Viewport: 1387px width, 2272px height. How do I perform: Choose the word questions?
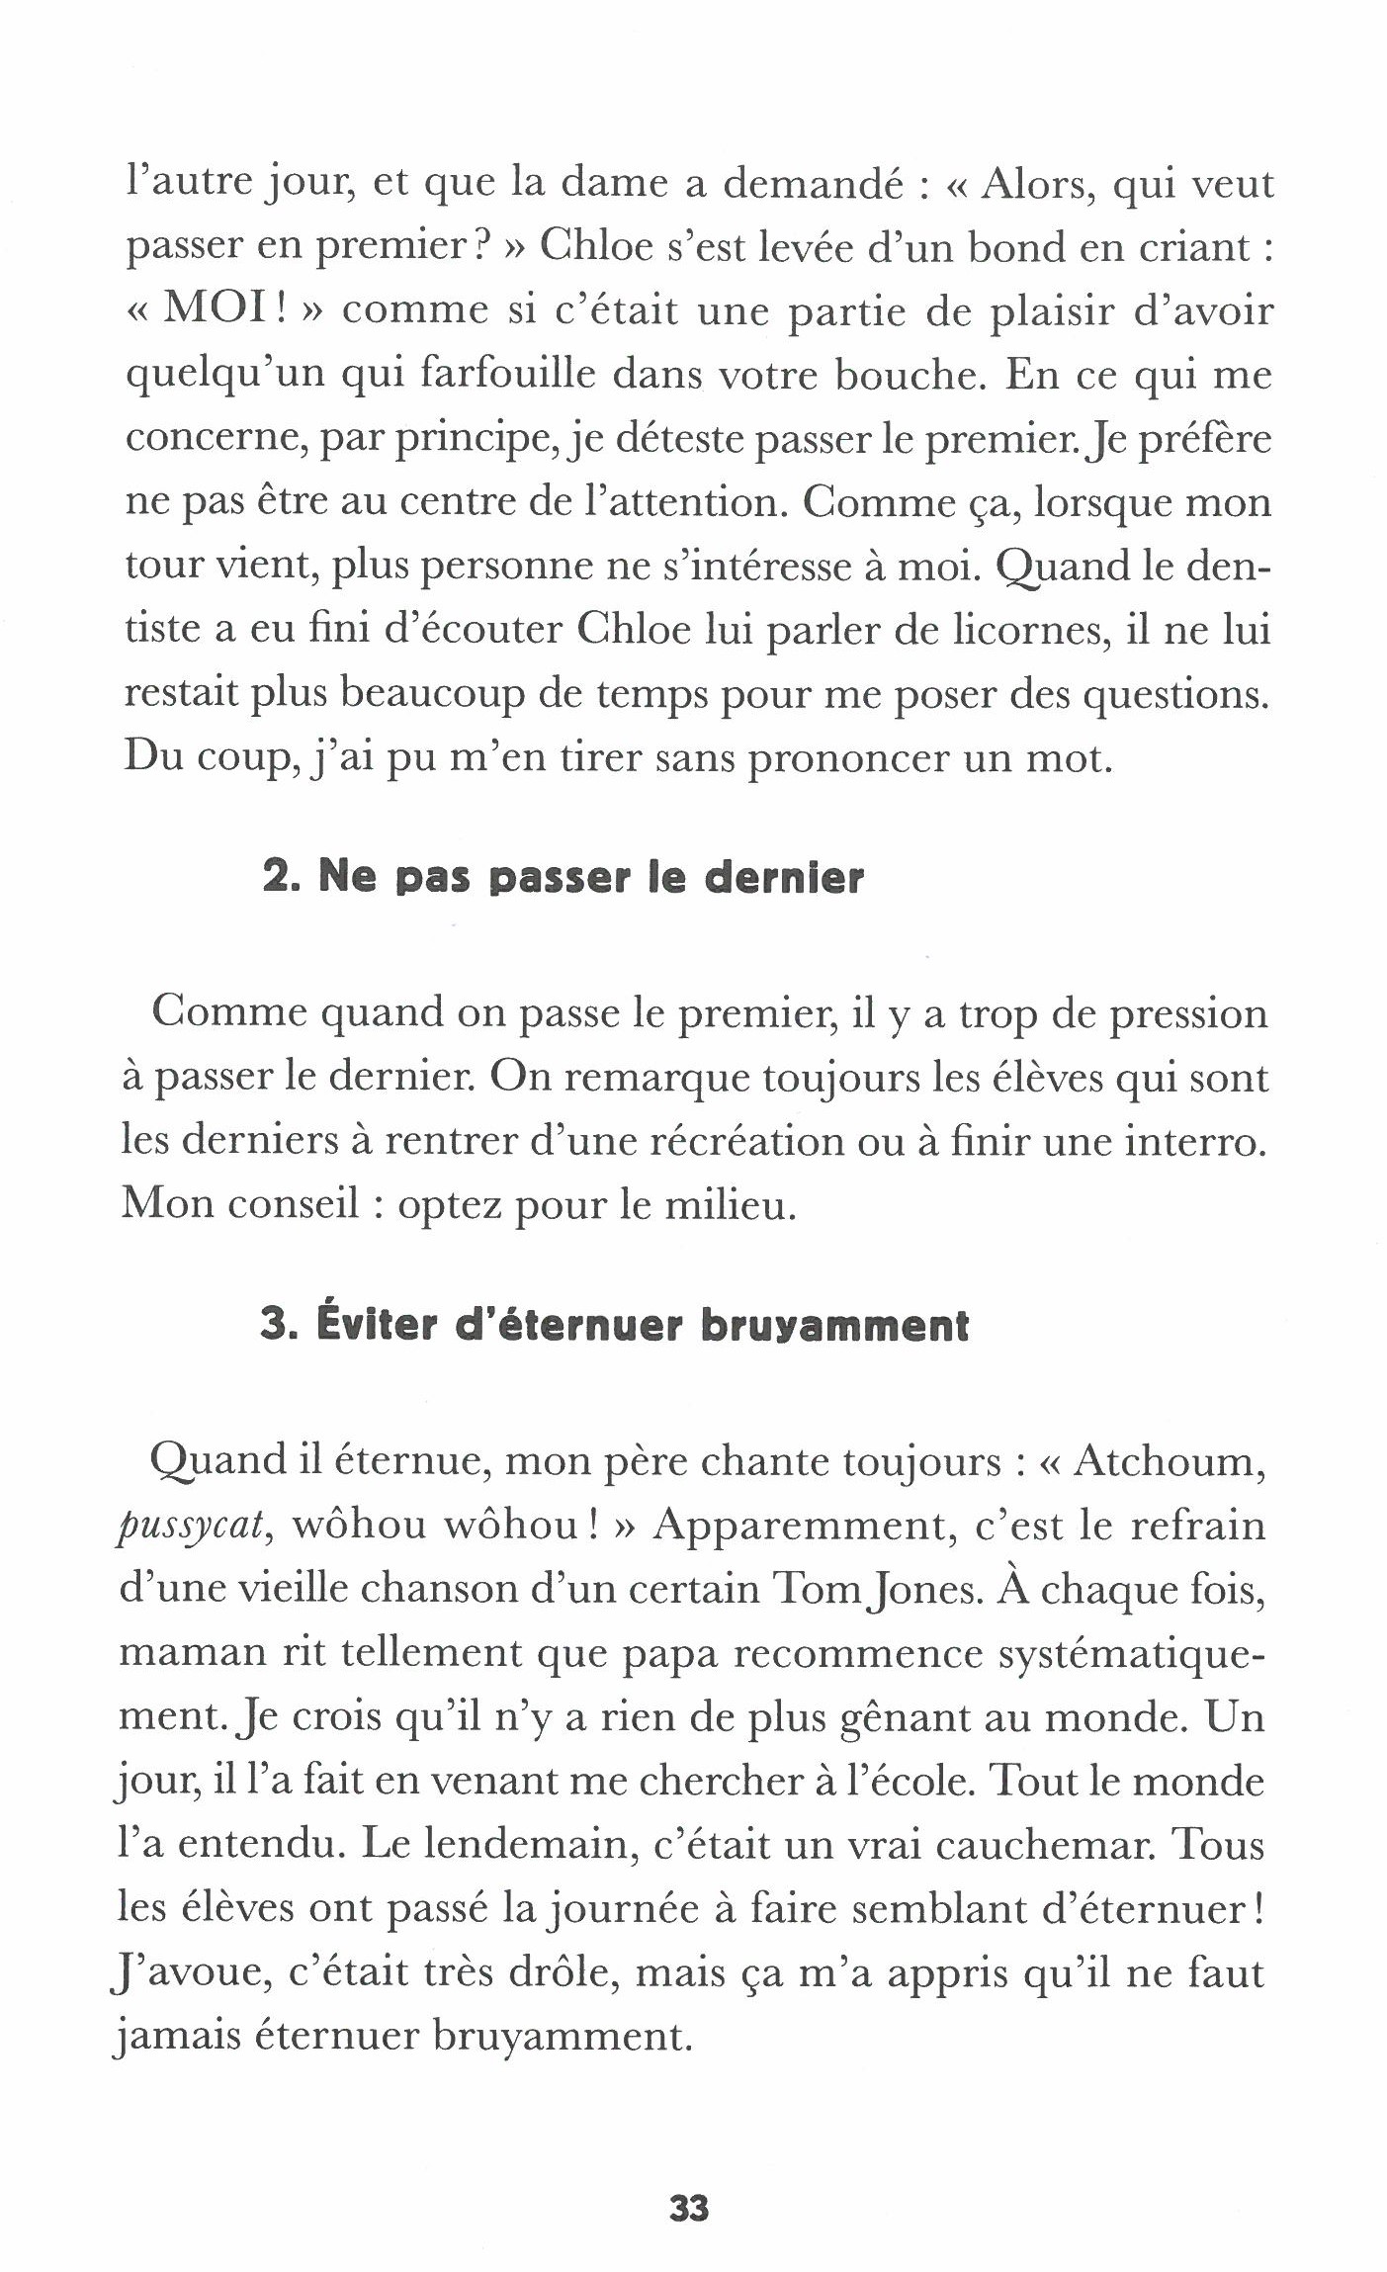(x=1174, y=695)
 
